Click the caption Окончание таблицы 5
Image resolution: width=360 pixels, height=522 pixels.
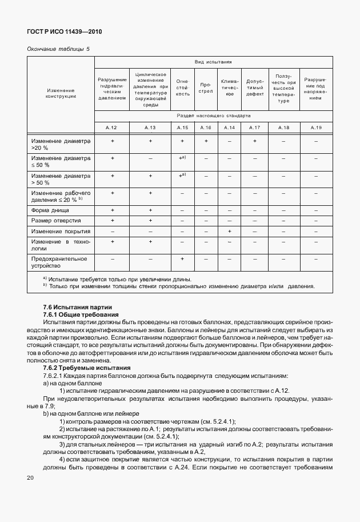click(x=58, y=50)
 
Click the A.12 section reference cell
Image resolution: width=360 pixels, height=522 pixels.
click(x=112, y=127)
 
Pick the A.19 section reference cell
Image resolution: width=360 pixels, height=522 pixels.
click(x=316, y=127)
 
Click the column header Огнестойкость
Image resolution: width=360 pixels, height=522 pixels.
click(x=182, y=89)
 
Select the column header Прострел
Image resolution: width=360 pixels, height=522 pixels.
click(x=206, y=89)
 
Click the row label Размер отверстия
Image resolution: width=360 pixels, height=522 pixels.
click(x=55, y=221)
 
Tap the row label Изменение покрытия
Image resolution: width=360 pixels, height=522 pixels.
click(x=61, y=232)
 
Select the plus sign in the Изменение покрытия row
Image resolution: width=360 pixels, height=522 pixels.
click(x=229, y=232)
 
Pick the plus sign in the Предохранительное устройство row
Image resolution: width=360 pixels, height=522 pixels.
click(x=182, y=259)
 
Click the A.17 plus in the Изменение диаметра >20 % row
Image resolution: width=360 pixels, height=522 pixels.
click(x=254, y=141)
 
